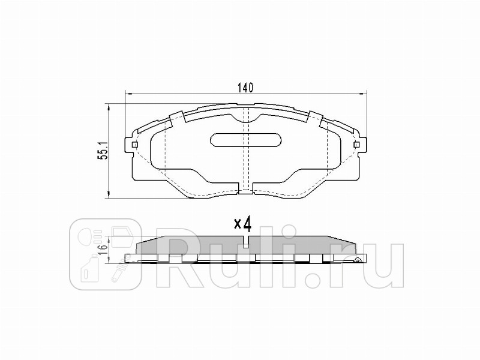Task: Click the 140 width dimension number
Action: coord(244,88)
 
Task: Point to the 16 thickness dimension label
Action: coord(103,245)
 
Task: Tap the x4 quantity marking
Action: coord(242,224)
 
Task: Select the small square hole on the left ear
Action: coord(133,145)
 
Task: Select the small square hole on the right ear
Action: coord(356,145)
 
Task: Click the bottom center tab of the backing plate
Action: coord(245,191)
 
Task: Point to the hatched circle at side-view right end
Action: coord(358,259)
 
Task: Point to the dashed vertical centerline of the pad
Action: coord(245,168)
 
